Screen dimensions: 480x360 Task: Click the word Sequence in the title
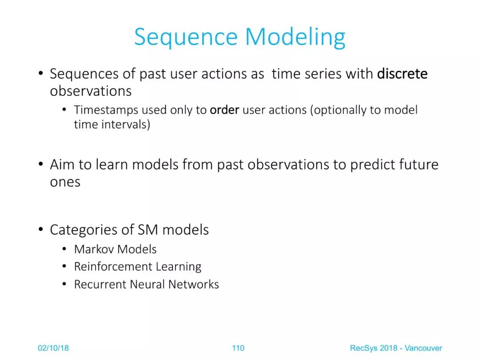(x=186, y=37)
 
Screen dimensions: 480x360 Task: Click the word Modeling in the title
(x=295, y=37)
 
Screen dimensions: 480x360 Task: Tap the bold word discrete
(x=402, y=74)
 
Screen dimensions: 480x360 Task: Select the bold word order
(x=224, y=110)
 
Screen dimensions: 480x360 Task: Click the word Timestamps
(x=106, y=110)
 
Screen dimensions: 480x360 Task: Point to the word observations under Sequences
(x=91, y=91)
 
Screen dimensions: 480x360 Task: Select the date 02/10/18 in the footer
(x=53, y=348)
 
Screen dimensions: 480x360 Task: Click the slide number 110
(x=238, y=348)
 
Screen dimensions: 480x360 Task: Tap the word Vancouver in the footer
(x=424, y=348)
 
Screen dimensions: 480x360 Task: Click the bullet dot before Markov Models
(x=64, y=249)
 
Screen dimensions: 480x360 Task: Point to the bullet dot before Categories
(x=41, y=229)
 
